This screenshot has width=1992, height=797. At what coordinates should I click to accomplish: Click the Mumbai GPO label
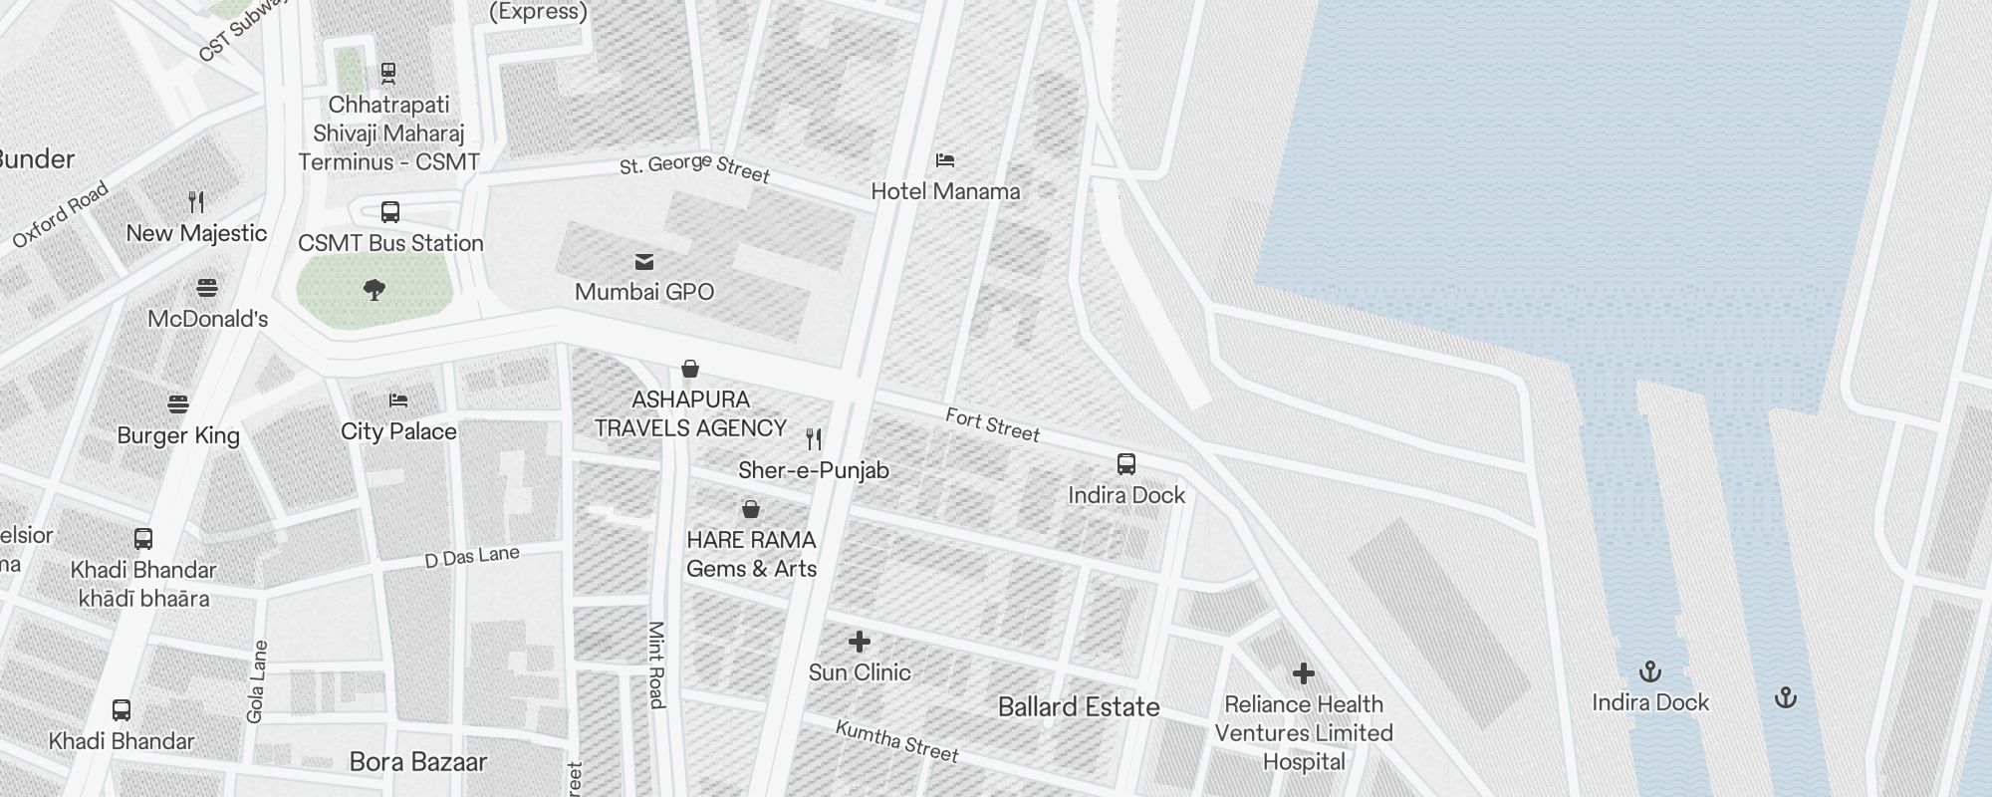(644, 292)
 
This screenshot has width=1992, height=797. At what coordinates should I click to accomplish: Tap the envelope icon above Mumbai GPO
(644, 262)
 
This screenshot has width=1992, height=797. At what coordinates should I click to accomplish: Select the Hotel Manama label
(945, 191)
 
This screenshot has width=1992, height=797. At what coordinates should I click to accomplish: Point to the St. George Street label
(694, 168)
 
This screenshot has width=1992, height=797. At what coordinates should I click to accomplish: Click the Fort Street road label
(992, 424)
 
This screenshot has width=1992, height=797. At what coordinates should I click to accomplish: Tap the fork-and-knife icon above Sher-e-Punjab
(814, 439)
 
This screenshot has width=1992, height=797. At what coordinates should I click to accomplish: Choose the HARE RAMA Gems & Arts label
(751, 554)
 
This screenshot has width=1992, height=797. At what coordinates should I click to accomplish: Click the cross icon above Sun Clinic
(859, 642)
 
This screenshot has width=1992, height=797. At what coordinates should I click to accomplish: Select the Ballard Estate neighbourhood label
(1079, 707)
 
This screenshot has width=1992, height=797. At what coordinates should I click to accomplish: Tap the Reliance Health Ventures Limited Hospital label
(1303, 733)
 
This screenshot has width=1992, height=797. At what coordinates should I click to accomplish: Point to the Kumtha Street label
(896, 741)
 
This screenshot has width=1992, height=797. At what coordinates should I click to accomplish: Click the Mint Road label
(656, 664)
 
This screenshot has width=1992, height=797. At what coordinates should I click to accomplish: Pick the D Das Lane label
(472, 557)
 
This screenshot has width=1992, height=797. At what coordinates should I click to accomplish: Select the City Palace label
(398, 431)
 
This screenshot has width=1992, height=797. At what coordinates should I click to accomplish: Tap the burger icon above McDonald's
(207, 289)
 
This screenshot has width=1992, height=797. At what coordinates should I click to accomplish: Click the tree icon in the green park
(374, 290)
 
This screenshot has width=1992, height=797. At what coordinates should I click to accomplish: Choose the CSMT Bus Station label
(390, 243)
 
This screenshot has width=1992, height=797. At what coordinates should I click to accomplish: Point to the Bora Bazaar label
(417, 762)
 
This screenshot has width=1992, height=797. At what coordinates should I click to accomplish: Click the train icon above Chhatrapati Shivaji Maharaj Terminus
(388, 73)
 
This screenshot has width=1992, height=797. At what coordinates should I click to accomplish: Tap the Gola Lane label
(257, 681)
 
